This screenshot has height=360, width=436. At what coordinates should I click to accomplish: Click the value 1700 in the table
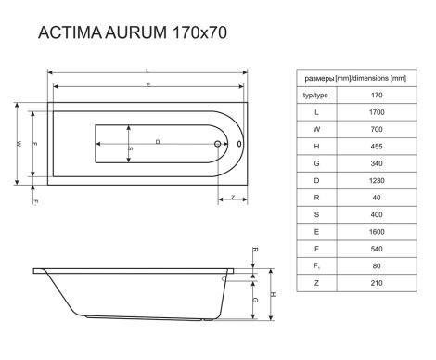377,112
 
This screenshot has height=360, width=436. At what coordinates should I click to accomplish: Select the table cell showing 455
377,147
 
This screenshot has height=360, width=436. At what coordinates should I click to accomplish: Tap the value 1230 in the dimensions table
377,181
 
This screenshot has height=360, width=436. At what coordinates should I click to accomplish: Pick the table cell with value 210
377,283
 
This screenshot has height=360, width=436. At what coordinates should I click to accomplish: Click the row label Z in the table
316,283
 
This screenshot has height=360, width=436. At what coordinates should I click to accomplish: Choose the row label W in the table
316,129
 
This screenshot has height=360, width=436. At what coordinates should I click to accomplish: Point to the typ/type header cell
315,96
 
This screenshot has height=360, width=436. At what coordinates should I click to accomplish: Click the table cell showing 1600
377,232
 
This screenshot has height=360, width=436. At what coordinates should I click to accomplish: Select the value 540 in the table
377,249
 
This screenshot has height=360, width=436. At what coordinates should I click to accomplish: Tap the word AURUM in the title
135,32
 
